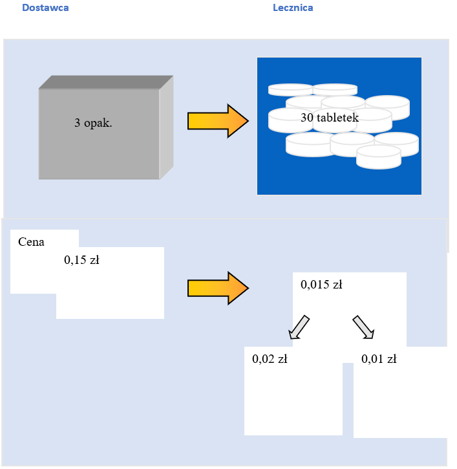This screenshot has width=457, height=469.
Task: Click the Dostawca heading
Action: (x=45, y=8)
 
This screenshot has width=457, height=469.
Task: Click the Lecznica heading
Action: (x=293, y=8)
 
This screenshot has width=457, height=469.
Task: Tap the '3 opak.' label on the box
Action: (x=93, y=123)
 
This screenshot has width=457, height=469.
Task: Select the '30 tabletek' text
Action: (x=330, y=117)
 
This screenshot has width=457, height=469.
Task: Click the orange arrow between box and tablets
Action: (x=218, y=121)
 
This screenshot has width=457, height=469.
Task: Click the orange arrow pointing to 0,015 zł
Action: (x=218, y=289)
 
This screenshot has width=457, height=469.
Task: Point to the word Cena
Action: (x=31, y=242)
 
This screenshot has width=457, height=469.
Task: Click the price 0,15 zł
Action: (x=81, y=259)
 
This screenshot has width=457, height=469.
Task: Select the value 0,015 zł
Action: (x=322, y=284)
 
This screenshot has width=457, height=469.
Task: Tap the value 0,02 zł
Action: (x=270, y=358)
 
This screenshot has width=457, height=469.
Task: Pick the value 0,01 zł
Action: (x=379, y=358)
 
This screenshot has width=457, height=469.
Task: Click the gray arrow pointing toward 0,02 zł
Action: (x=299, y=327)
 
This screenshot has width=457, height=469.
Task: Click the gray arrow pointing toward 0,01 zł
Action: (x=363, y=327)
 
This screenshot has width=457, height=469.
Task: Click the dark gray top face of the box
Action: (x=106, y=82)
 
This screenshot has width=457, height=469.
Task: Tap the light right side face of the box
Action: (x=166, y=127)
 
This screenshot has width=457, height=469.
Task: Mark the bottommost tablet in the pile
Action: (x=379, y=157)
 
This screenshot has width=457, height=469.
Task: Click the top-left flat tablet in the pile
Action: (x=290, y=90)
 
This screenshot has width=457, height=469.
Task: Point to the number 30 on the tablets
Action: (x=307, y=117)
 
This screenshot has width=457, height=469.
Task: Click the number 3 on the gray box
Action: (x=77, y=123)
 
